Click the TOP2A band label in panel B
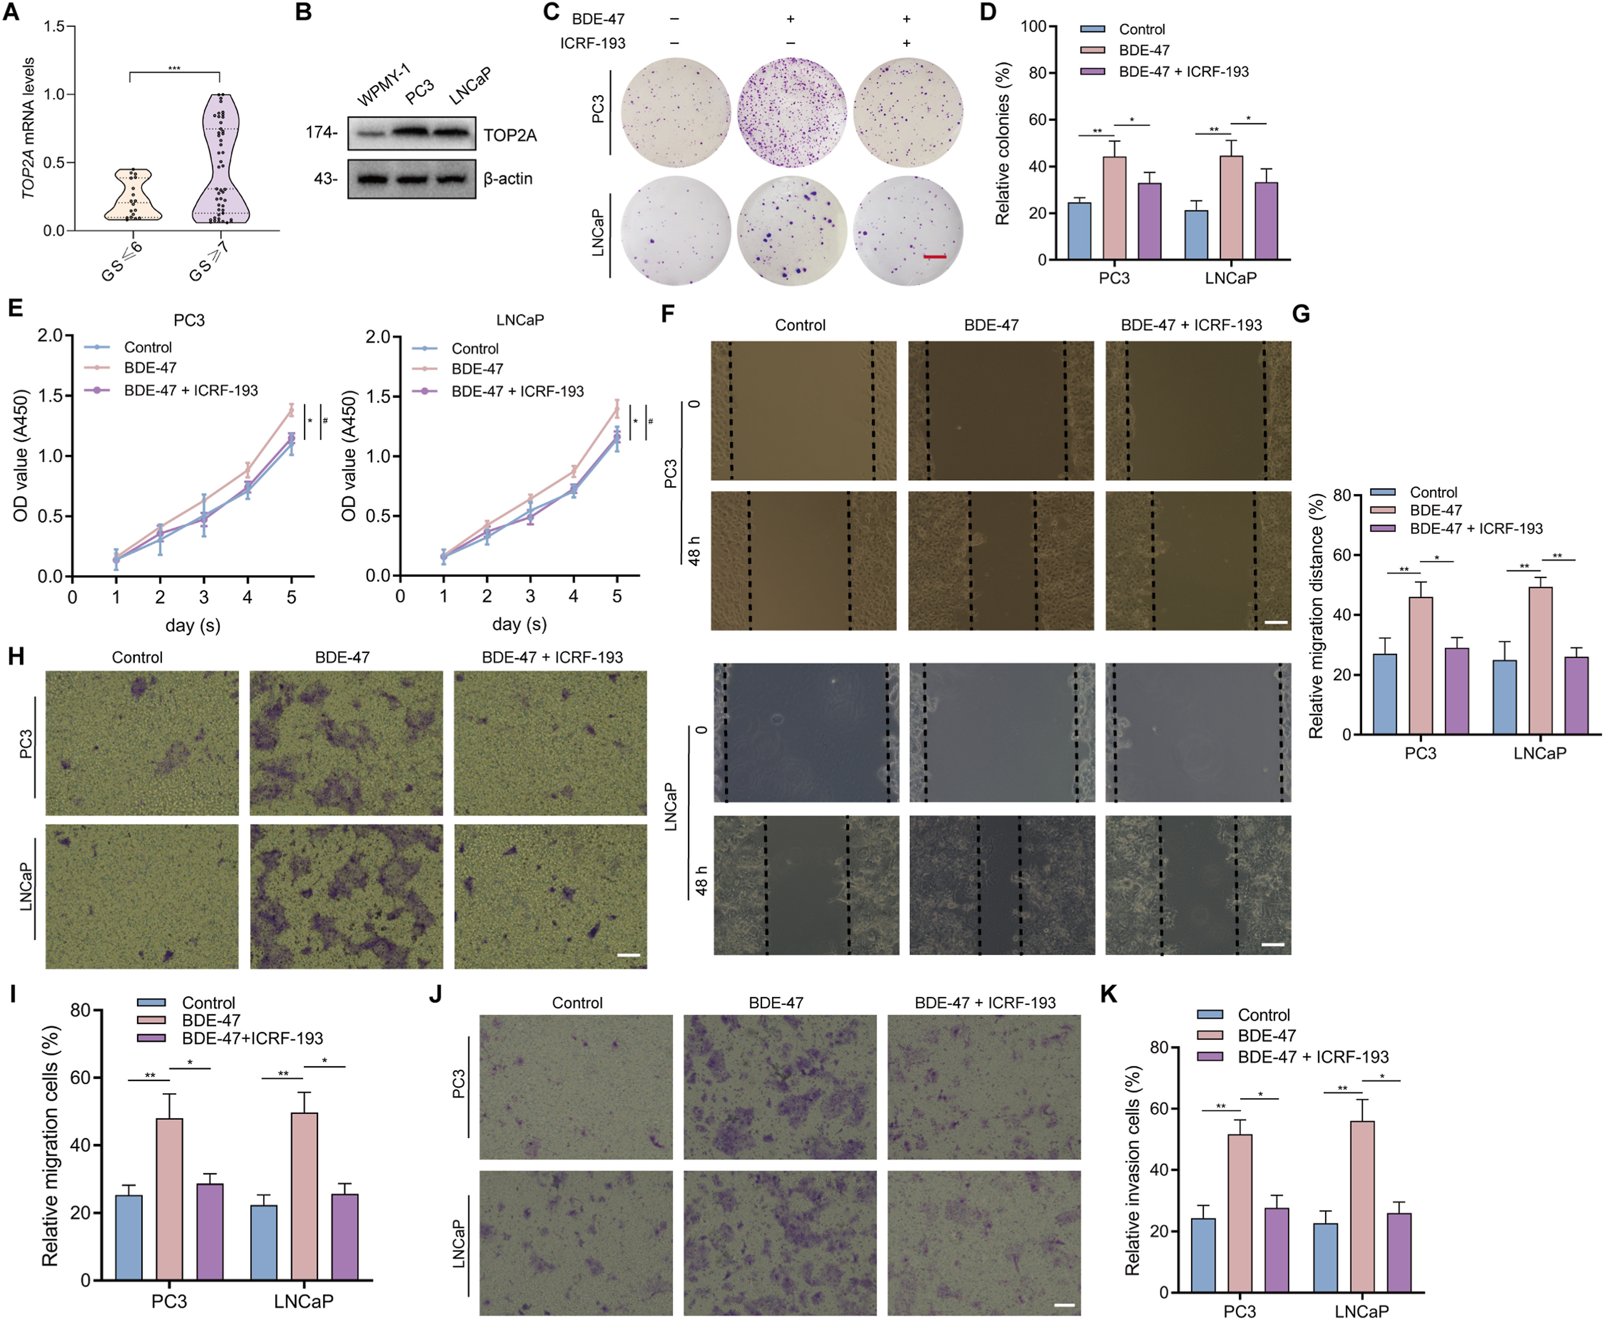pyautogui.click(x=510, y=135)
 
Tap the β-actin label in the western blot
pyautogui.click(x=507, y=179)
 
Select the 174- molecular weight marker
pyautogui.click(x=322, y=132)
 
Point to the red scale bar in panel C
pyautogui.click(x=935, y=257)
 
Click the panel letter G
pyautogui.click(x=1301, y=314)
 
